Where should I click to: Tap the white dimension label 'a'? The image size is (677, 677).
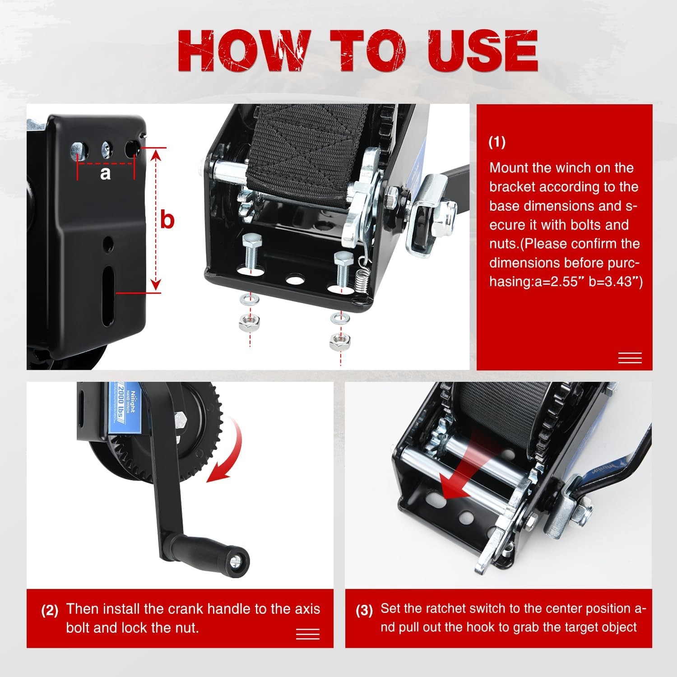(105, 173)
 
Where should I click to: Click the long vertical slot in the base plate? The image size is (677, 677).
(108, 296)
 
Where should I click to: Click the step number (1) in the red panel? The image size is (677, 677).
(497, 142)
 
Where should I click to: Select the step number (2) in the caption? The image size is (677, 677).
(50, 611)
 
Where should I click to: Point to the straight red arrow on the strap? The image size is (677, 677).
(465, 469)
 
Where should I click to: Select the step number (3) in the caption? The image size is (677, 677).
(364, 611)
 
